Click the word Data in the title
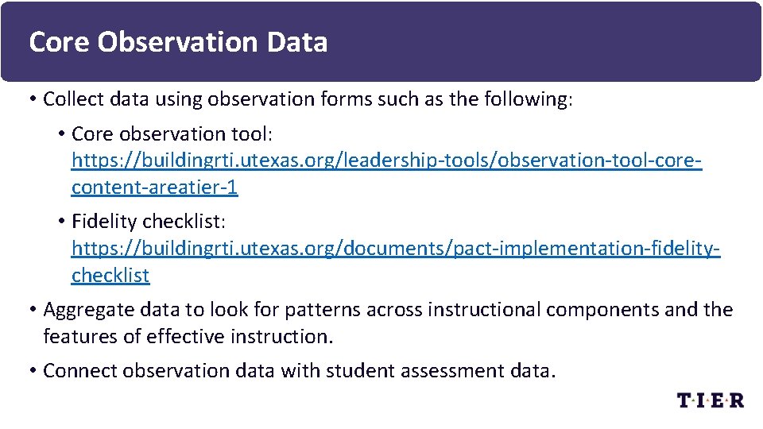(x=297, y=42)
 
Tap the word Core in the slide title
(x=60, y=42)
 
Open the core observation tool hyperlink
(x=386, y=160)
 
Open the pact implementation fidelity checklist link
(x=396, y=248)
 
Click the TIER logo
(x=710, y=400)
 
